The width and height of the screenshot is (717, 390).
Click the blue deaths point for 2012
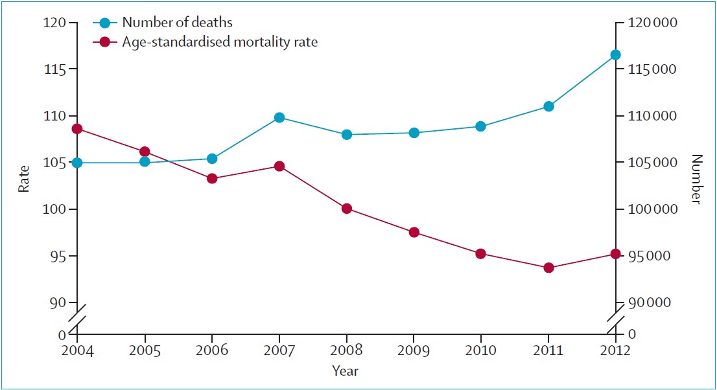click(x=615, y=55)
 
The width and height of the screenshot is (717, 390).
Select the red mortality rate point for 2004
click(x=77, y=129)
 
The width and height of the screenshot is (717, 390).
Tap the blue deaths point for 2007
click(x=279, y=117)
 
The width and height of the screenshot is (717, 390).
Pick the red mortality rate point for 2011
click(x=548, y=268)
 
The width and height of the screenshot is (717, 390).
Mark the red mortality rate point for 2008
click(x=347, y=209)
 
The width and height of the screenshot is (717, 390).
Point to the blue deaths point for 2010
click(x=480, y=126)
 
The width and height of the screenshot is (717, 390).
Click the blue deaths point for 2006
click(x=212, y=158)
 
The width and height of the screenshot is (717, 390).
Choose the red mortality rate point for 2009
click(x=414, y=232)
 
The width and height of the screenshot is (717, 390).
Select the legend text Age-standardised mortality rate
click(x=220, y=43)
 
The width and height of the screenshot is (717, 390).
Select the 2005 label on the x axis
click(x=145, y=352)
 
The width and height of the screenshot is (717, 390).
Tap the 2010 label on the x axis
click(x=480, y=352)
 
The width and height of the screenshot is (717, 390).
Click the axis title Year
click(x=346, y=371)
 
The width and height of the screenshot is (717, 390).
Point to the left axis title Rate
click(x=24, y=179)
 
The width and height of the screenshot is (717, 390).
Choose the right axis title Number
click(x=697, y=179)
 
